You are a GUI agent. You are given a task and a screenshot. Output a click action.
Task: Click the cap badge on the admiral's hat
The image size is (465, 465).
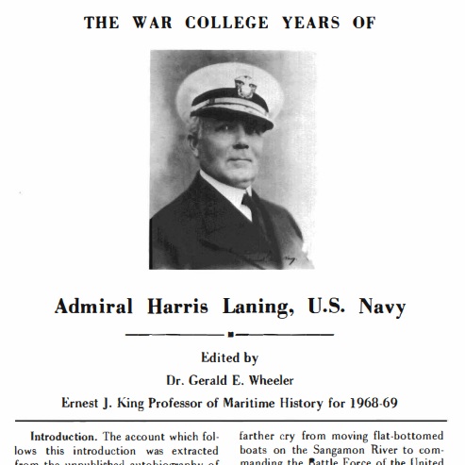(244, 88)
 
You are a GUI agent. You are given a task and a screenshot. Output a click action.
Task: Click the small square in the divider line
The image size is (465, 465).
(230, 335)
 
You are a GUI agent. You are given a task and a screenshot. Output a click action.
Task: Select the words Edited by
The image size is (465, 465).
(230, 357)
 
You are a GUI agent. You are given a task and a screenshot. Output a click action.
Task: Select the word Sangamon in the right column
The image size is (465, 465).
(343, 450)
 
